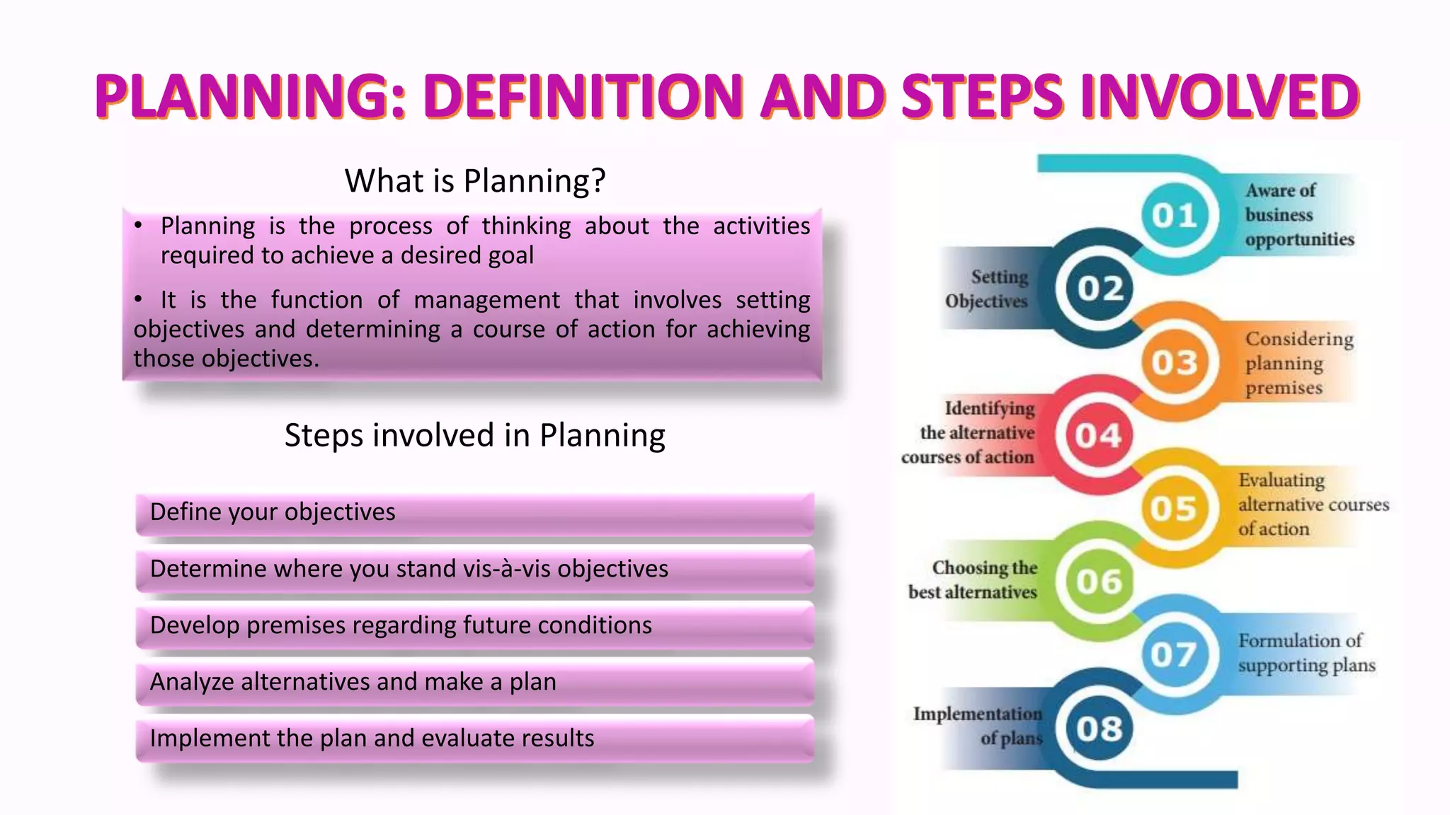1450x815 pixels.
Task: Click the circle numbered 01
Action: click(1175, 215)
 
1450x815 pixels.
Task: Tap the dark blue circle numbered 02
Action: click(1100, 289)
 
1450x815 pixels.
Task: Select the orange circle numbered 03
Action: click(1175, 362)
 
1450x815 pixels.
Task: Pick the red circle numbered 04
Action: click(1099, 435)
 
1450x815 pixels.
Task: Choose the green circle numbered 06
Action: click(1100, 582)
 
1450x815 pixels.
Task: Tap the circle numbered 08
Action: click(1100, 729)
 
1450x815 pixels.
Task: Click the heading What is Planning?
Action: click(475, 181)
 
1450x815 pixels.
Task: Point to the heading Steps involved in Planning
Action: click(475, 435)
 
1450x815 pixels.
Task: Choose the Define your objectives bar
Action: click(474, 512)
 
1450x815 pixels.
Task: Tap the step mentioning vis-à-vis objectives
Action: click(474, 569)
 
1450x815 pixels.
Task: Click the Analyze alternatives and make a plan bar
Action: click(474, 682)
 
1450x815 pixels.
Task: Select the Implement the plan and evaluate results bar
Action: click(474, 739)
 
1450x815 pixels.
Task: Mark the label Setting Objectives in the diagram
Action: click(987, 289)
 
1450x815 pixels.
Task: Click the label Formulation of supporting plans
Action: click(1306, 652)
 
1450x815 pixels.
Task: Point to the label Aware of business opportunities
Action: click(1299, 215)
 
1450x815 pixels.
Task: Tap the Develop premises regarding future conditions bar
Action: click(474, 625)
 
